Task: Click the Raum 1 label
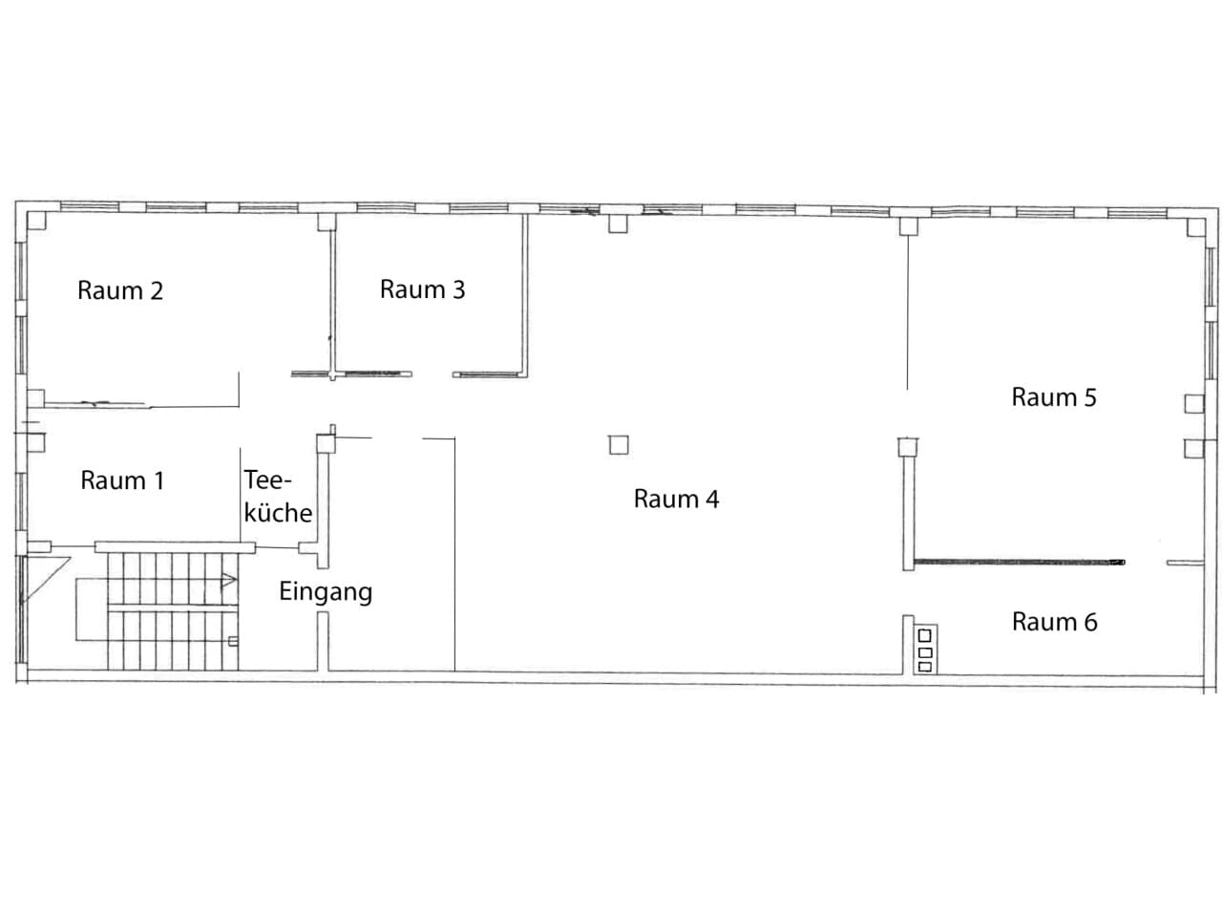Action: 122,480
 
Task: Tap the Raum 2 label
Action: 120,290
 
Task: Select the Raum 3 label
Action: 423,289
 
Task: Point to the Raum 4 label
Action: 676,499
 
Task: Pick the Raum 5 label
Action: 1054,397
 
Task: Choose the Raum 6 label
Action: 1054,622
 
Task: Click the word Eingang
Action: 326,592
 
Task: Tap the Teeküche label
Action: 278,497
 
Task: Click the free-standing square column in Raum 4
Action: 619,445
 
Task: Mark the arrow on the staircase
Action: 229,581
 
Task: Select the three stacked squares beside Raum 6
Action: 924,650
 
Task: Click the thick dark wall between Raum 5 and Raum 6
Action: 1019,563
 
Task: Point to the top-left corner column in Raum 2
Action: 36,221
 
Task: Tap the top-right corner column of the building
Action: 1195,227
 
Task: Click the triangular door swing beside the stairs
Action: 45,579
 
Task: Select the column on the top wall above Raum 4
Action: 618,224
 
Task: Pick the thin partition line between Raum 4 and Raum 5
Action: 908,311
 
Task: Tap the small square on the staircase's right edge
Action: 233,641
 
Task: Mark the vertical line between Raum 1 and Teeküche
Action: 241,495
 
